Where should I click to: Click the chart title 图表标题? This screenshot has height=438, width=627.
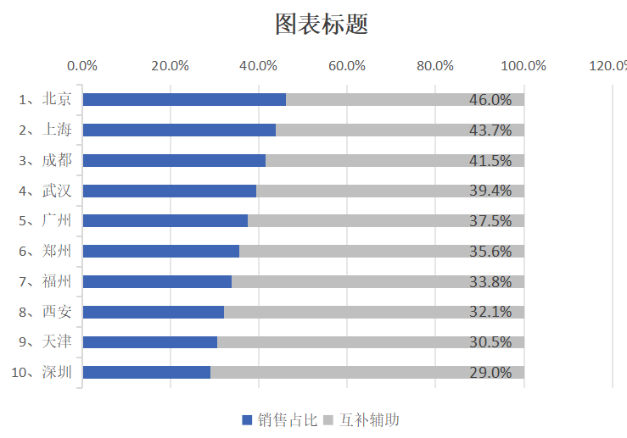click(x=321, y=24)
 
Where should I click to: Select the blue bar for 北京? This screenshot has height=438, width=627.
click(x=184, y=100)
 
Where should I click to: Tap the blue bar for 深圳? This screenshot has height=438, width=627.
click(x=146, y=373)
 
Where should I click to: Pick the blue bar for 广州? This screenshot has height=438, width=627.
click(x=165, y=221)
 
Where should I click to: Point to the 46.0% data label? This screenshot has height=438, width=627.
click(x=490, y=100)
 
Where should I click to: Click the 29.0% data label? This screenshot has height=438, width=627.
click(x=490, y=373)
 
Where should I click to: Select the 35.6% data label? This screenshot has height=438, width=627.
click(x=490, y=252)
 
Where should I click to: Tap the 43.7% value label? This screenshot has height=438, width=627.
click(x=490, y=130)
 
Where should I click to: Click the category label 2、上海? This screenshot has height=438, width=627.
click(x=46, y=130)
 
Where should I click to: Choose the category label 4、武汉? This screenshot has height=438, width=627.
click(x=46, y=191)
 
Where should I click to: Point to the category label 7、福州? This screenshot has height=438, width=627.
click(x=46, y=281)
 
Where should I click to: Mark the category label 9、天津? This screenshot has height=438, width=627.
click(x=46, y=342)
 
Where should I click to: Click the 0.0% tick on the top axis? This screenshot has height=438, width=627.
click(x=82, y=66)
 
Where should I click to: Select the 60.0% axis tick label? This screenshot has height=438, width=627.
click(x=347, y=66)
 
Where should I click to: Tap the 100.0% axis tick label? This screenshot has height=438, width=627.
click(x=523, y=66)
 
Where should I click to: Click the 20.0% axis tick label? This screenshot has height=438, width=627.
click(x=171, y=66)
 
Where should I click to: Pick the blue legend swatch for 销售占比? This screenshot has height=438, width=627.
click(x=247, y=419)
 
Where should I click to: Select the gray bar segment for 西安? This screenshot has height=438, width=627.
click(x=373, y=312)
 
